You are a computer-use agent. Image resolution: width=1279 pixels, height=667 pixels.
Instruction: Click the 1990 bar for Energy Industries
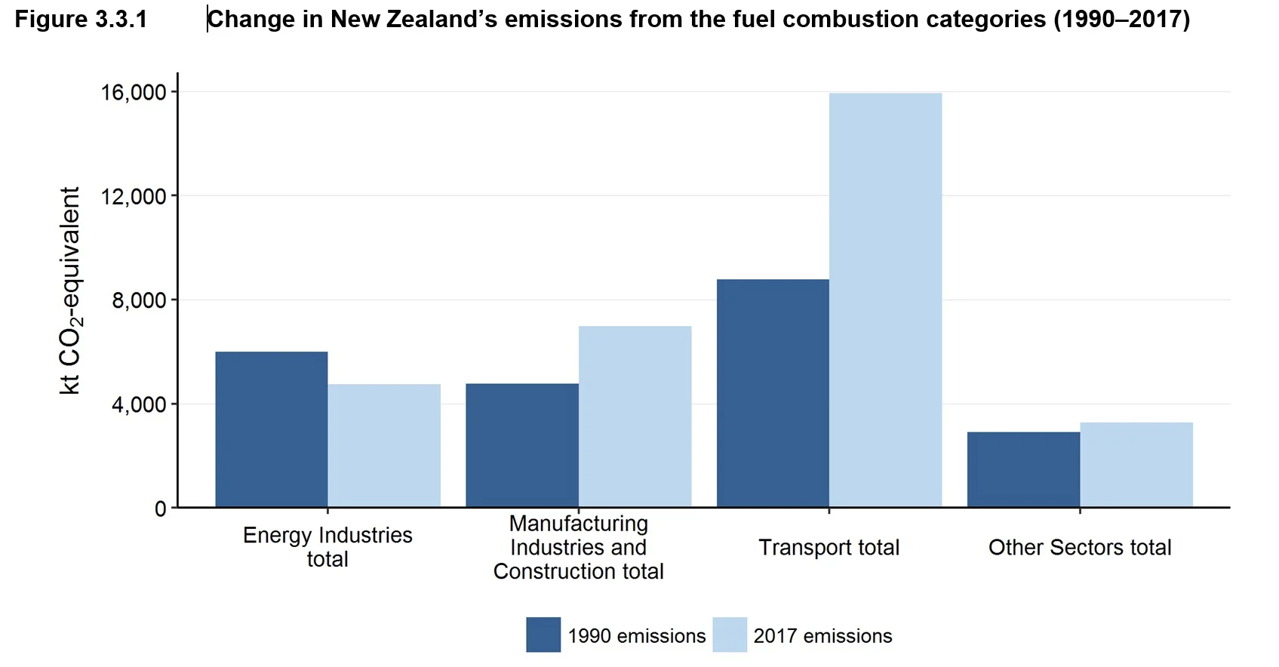pos(272,429)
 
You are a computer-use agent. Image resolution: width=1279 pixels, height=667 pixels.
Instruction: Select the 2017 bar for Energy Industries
pos(384,445)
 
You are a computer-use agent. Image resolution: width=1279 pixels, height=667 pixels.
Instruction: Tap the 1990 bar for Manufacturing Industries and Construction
pos(522,445)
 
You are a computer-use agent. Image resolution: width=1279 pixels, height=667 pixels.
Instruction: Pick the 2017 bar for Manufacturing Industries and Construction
pos(635,416)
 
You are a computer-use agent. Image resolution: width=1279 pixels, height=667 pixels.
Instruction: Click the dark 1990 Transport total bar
pos(773,393)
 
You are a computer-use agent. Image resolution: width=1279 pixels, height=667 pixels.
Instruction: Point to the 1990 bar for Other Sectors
pos(1023,469)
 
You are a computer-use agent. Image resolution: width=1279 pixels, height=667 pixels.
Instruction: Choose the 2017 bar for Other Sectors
pos(1136,465)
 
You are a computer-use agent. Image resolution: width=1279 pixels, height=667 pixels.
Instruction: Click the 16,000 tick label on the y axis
pos(134,92)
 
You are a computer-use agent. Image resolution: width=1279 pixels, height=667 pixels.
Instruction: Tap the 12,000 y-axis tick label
pos(134,196)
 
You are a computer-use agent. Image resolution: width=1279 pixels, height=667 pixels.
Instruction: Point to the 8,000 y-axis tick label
pos(139,300)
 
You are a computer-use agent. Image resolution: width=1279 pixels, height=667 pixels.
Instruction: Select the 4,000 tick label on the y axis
pos(139,404)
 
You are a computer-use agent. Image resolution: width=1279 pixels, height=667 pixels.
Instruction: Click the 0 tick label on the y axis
pos(160,509)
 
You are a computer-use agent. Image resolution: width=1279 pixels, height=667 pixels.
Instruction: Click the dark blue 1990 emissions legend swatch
pos(543,635)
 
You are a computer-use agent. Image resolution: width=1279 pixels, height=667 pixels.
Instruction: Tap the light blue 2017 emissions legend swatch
pos(729,635)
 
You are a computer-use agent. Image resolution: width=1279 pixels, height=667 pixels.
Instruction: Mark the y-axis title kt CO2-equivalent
pos(70,290)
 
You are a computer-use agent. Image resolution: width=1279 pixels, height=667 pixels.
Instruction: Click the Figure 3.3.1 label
pos(81,19)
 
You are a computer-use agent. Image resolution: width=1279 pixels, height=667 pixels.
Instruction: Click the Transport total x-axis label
pos(829,547)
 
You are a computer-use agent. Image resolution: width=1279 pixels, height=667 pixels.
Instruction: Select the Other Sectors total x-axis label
pos(1080,547)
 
